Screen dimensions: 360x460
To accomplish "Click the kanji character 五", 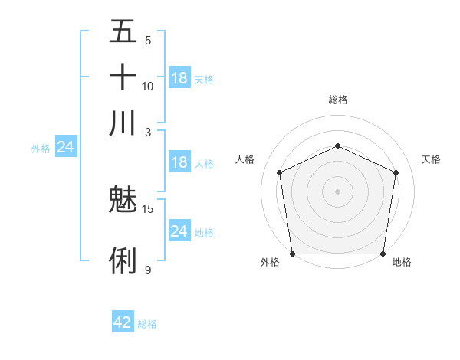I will pyautogui.click(x=123, y=33).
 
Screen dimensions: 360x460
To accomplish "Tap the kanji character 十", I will pyautogui.click(x=123, y=77).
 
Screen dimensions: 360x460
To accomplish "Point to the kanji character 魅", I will pyautogui.click(x=123, y=201).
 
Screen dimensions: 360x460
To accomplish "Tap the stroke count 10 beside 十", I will pyautogui.click(x=148, y=86).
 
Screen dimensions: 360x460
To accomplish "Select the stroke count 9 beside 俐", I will pyautogui.click(x=148, y=270).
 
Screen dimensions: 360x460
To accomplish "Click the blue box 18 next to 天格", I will pyautogui.click(x=179, y=78).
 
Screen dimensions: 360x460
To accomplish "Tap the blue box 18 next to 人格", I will pyautogui.click(x=179, y=162).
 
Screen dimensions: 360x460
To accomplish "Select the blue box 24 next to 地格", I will pyautogui.click(x=179, y=231).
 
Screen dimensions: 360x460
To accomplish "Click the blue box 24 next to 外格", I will pyautogui.click(x=66, y=147).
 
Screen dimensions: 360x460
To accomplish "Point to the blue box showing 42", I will pyautogui.click(x=123, y=322).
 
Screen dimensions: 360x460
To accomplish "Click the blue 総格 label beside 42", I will pyautogui.click(x=147, y=324).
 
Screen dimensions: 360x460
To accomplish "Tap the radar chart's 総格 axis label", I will pyautogui.click(x=338, y=100).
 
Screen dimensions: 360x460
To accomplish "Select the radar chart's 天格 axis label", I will pyautogui.click(x=432, y=159).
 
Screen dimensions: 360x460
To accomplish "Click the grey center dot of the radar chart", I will pyautogui.click(x=338, y=191).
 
